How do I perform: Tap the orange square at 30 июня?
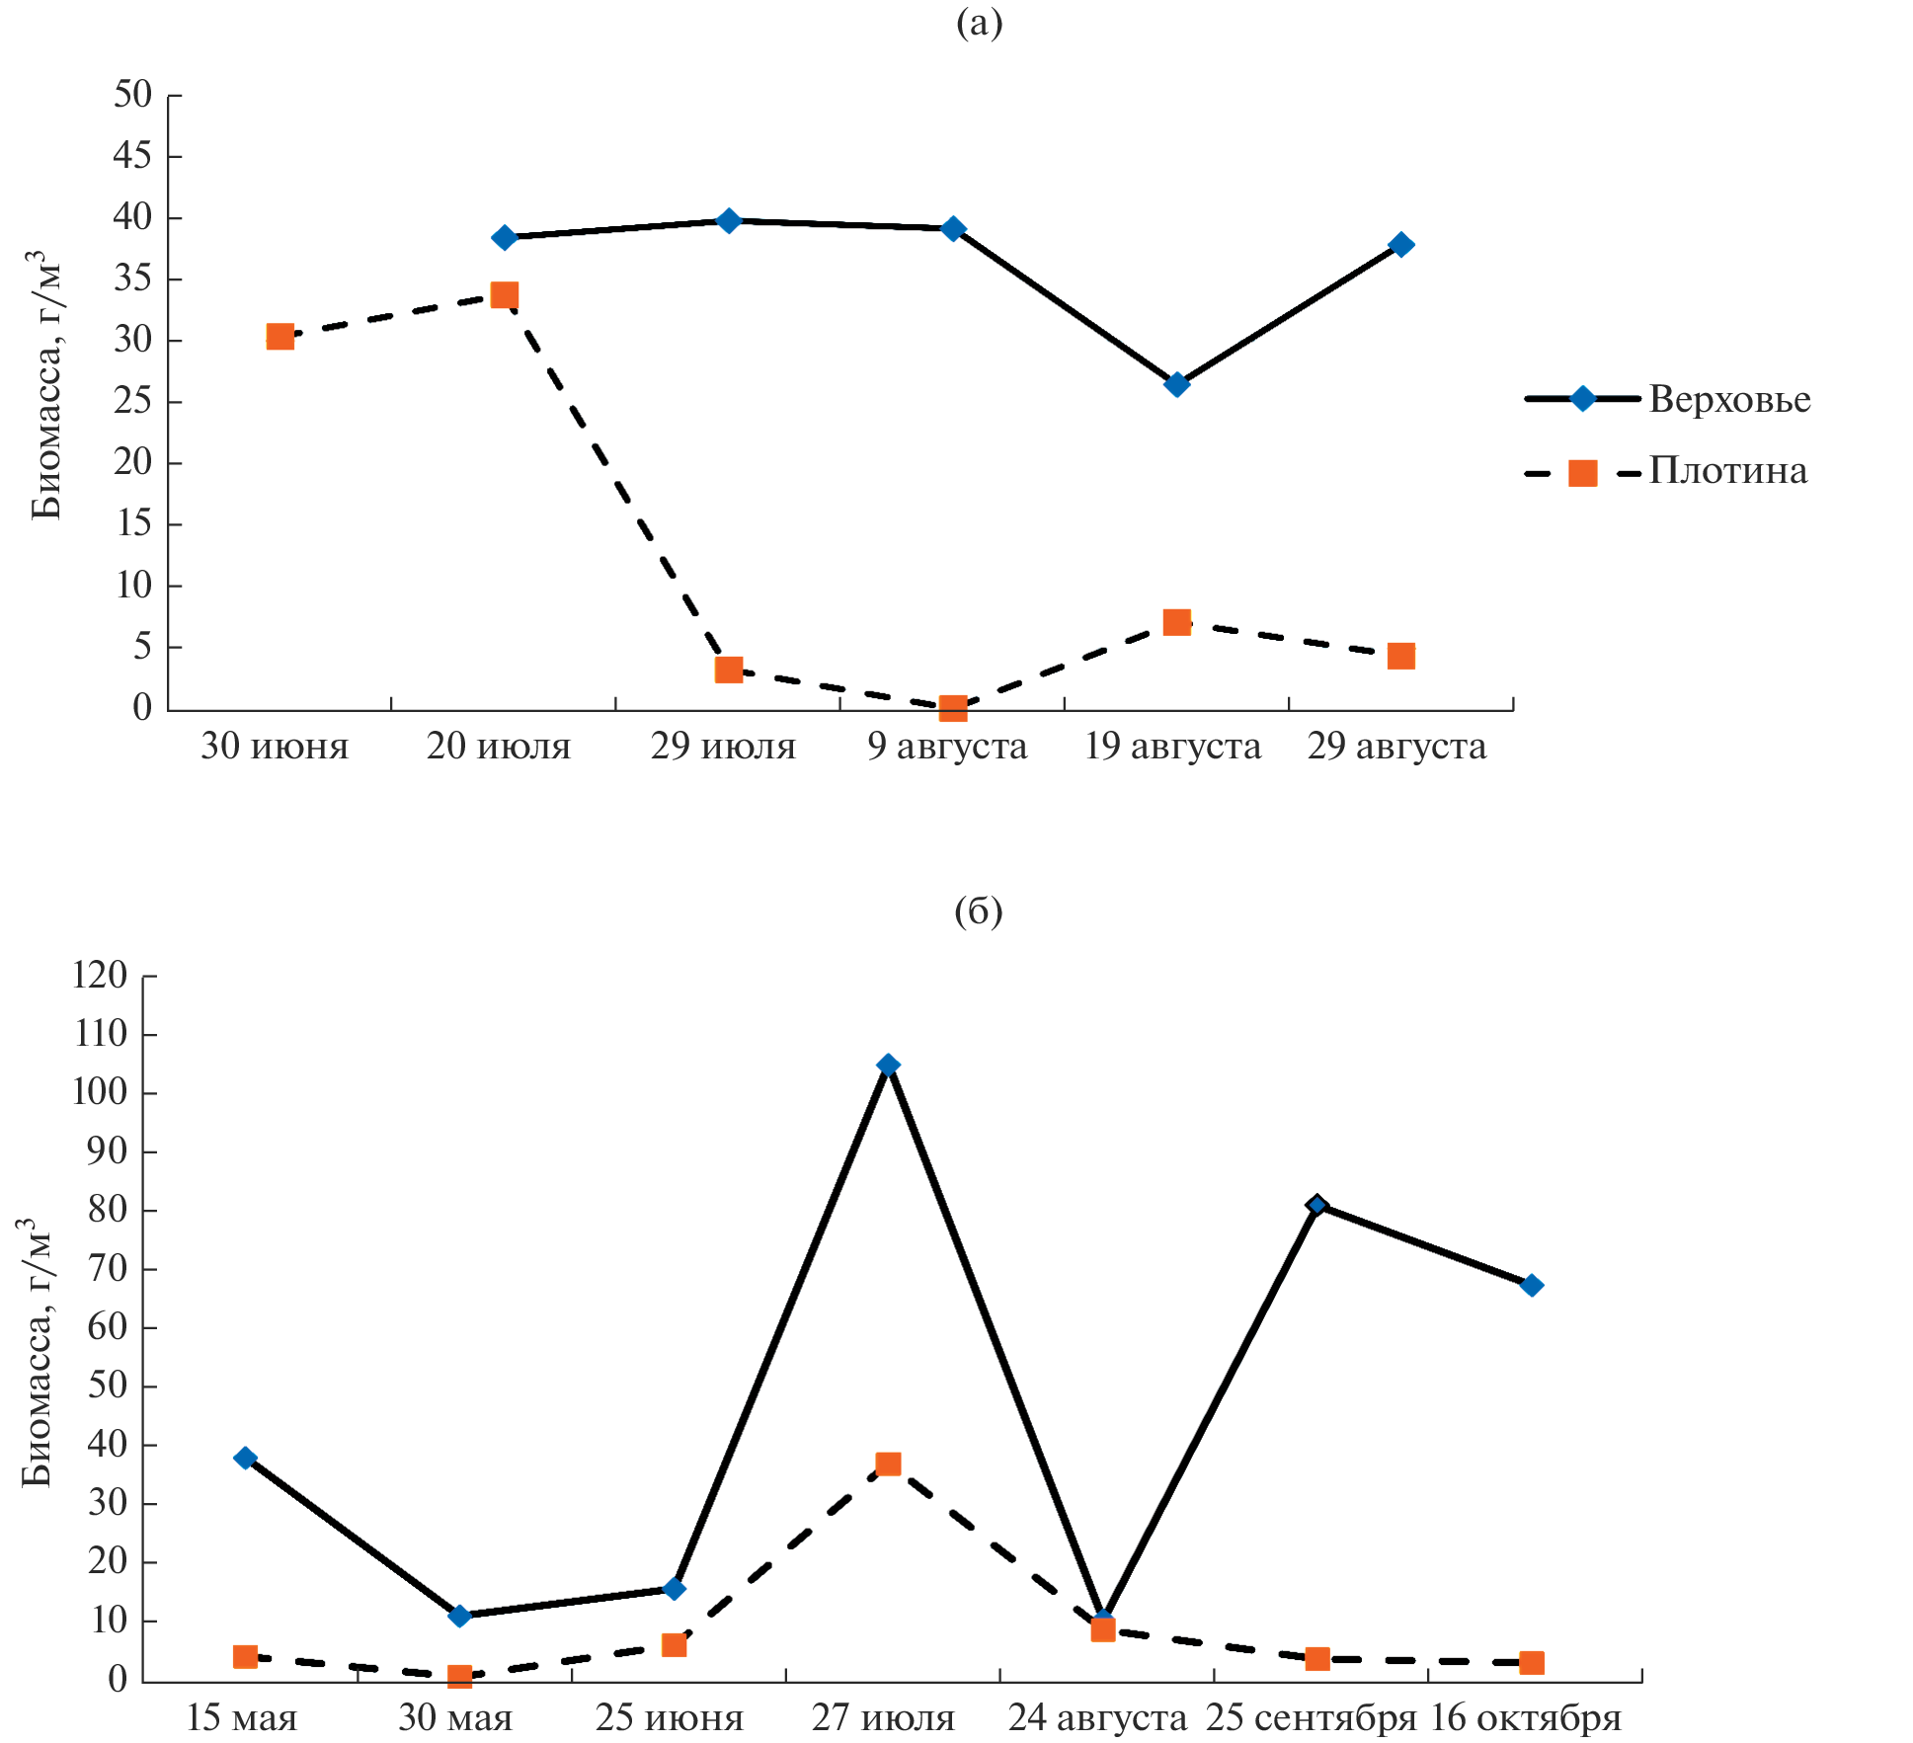280,337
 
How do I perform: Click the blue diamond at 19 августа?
1176,384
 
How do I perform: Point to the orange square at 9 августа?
953,707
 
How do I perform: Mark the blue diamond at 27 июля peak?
888,1065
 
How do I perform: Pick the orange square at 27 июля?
888,1464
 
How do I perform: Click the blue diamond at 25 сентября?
1316,1204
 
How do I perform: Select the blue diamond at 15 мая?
245,1458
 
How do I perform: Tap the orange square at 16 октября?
1531,1663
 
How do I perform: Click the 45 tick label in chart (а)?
132,156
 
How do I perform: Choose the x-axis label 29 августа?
1396,747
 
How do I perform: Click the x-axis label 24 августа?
1097,1718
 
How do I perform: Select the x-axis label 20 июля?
499,747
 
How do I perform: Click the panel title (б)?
978,911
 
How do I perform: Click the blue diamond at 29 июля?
729,220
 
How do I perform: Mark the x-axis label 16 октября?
1526,1718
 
